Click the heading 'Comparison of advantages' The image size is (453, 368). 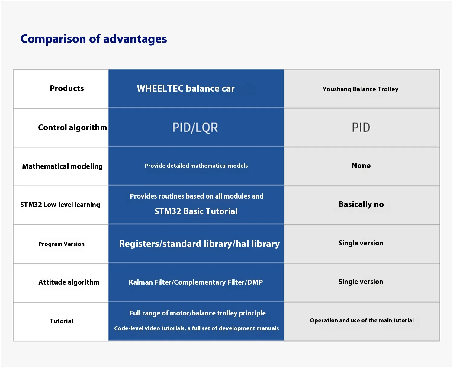(x=94, y=39)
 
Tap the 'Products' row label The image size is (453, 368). (x=67, y=88)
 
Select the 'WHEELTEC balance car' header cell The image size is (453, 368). (x=186, y=89)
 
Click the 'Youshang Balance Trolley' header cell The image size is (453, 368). (x=361, y=89)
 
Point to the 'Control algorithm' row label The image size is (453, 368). (x=72, y=128)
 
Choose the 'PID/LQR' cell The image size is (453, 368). (x=195, y=128)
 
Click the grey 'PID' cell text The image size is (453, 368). (x=361, y=128)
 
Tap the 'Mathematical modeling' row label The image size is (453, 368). (x=62, y=166)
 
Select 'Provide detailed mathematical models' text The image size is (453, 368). (x=196, y=166)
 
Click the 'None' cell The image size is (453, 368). (x=361, y=166)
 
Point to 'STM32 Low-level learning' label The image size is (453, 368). (x=60, y=205)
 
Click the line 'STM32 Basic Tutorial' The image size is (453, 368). (x=196, y=211)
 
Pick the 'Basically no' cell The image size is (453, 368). (x=361, y=205)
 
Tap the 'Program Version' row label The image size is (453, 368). (x=61, y=244)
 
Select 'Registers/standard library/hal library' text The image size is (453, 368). (x=200, y=244)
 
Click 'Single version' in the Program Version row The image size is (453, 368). (x=361, y=243)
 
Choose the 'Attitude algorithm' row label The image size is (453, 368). (x=69, y=282)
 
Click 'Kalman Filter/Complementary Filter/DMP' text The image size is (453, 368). (x=196, y=282)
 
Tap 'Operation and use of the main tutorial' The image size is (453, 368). (x=362, y=320)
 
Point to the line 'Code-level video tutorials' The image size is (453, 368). (x=197, y=328)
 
